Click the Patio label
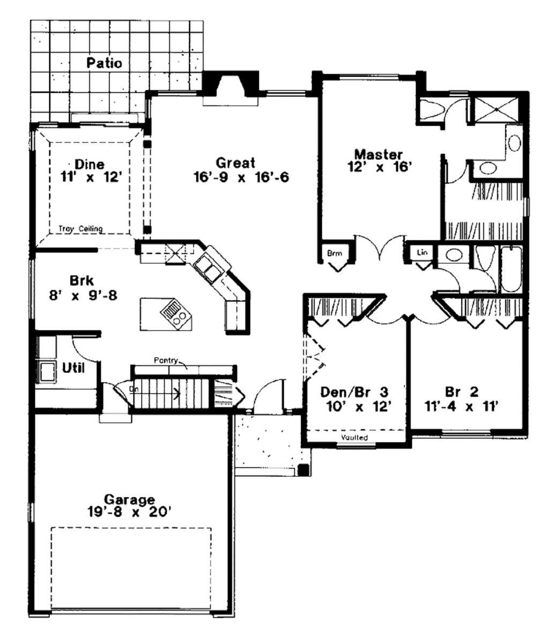coord(104,63)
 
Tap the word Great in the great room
coord(235,161)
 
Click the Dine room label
coord(90,164)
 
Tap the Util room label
coord(73,368)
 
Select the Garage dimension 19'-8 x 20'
coord(129,512)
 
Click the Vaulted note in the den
coord(354,438)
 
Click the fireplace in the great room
coord(230,85)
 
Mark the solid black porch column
coord(303,470)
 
